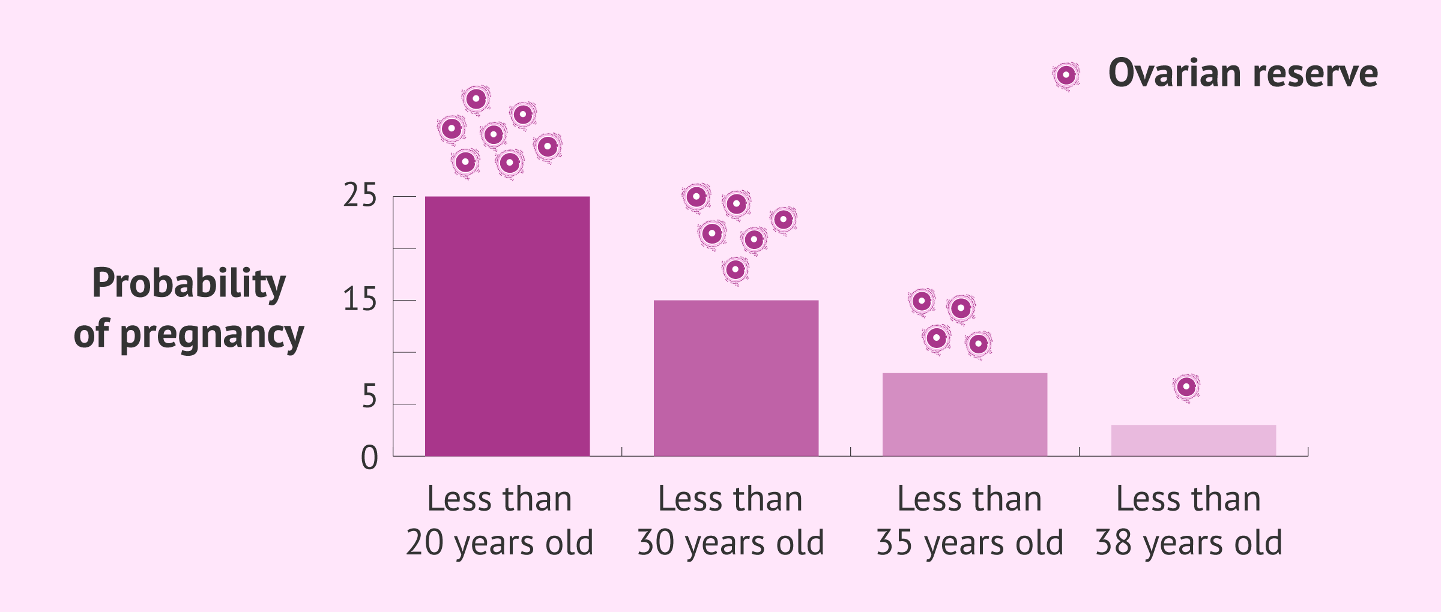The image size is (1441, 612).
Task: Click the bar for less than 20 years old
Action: pyautogui.click(x=507, y=326)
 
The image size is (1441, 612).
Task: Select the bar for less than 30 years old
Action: pyautogui.click(x=736, y=378)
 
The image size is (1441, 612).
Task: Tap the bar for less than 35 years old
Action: pyautogui.click(x=965, y=415)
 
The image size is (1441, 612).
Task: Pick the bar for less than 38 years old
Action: pyautogui.click(x=1194, y=440)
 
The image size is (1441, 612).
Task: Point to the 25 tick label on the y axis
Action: pyautogui.click(x=360, y=196)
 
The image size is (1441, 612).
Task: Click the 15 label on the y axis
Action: pyautogui.click(x=360, y=299)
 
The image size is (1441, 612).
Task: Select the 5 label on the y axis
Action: pyautogui.click(x=369, y=397)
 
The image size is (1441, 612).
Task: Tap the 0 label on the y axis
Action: pyautogui.click(x=369, y=458)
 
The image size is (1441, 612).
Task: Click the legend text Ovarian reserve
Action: pyautogui.click(x=1243, y=73)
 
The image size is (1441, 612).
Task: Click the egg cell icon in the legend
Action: pyautogui.click(x=1066, y=76)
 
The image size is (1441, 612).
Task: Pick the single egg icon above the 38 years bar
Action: pyautogui.click(x=1186, y=388)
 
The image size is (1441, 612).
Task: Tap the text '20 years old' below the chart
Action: pyautogui.click(x=500, y=543)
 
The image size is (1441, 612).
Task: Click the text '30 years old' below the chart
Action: pyautogui.click(x=731, y=543)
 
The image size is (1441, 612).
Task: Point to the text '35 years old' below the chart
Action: pyautogui.click(x=970, y=543)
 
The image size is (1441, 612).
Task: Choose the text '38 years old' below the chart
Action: pyautogui.click(x=1189, y=543)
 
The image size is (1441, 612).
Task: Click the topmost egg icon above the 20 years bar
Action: pyautogui.click(x=476, y=99)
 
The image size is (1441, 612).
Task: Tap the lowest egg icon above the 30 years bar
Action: pyautogui.click(x=736, y=270)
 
